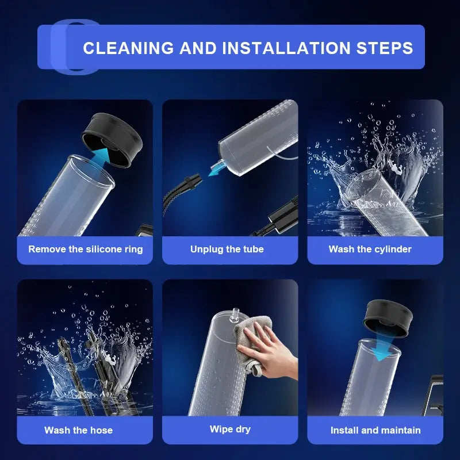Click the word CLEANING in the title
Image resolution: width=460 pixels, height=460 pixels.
(128, 48)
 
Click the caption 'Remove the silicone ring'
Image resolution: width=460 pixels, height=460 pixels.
(85, 249)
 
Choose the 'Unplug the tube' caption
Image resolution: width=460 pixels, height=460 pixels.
(227, 249)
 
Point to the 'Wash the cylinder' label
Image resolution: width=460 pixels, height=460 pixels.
(370, 249)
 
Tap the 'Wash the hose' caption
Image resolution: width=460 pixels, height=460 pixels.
(78, 430)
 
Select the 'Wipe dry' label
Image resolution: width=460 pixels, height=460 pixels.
(230, 429)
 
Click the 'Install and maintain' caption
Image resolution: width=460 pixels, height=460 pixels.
(375, 430)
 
